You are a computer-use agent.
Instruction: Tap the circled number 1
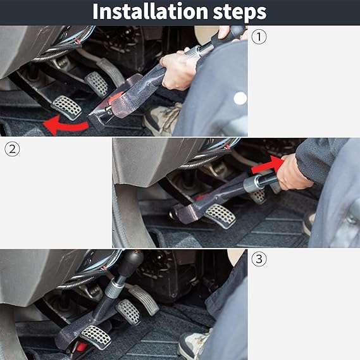259,36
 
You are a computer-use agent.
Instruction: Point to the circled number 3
258,259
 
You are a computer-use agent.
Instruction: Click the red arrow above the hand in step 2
265,164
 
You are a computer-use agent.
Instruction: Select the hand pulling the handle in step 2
294,173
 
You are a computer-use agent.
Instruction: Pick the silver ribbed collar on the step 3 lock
115,287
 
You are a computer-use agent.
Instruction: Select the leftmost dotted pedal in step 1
67,107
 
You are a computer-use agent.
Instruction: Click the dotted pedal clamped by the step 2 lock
219,214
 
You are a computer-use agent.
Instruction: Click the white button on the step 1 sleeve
240,98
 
